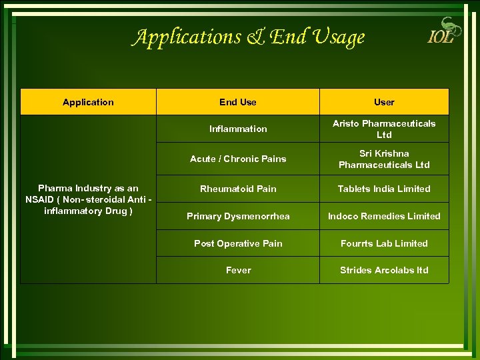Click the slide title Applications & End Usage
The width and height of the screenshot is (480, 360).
(x=248, y=37)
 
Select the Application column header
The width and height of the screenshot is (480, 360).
(x=88, y=102)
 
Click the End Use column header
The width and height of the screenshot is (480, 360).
(x=238, y=102)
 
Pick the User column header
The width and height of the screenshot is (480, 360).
(x=384, y=102)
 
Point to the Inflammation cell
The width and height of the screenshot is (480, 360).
(x=238, y=129)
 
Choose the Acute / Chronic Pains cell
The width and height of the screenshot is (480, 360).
(x=238, y=159)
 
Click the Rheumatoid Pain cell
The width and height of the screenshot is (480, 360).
(x=238, y=189)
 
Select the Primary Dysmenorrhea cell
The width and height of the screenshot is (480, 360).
(x=238, y=216)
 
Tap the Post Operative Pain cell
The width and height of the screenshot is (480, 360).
(x=238, y=243)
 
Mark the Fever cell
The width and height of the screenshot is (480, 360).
(x=238, y=270)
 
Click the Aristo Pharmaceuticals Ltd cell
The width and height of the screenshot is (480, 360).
(x=384, y=129)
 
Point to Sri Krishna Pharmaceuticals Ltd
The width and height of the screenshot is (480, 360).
(x=384, y=159)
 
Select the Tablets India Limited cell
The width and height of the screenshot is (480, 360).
(x=384, y=189)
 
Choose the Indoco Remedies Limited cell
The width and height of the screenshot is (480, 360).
(x=384, y=216)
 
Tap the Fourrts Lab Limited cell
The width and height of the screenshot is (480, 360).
(x=384, y=243)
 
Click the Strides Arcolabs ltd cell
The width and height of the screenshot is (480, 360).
(x=384, y=270)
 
